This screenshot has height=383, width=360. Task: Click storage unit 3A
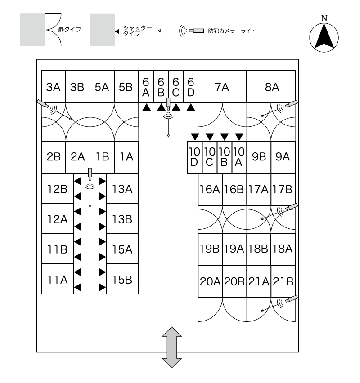pyautogui.click(x=54, y=87)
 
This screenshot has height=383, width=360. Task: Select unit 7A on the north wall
pyautogui.click(x=222, y=87)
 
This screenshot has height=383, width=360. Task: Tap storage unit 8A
pyautogui.click(x=271, y=87)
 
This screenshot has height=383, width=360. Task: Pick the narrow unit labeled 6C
pyautogui.click(x=176, y=87)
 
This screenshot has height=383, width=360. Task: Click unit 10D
pyautogui.click(x=194, y=157)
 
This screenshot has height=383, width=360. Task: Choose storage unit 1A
pyautogui.click(x=126, y=157)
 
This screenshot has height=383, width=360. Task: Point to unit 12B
pyautogui.click(x=57, y=189)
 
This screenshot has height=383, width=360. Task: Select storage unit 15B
pyautogui.click(x=122, y=279)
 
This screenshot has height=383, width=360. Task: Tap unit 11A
pyautogui.click(x=57, y=279)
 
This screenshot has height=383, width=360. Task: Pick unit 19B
pyautogui.click(x=210, y=248)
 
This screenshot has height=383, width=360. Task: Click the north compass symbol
pyautogui.click(x=324, y=36)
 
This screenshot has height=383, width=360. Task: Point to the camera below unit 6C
pyautogui.click(x=168, y=104)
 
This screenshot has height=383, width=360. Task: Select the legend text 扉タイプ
pyautogui.click(x=69, y=29)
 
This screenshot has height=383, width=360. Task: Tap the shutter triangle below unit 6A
pyautogui.click(x=146, y=107)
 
